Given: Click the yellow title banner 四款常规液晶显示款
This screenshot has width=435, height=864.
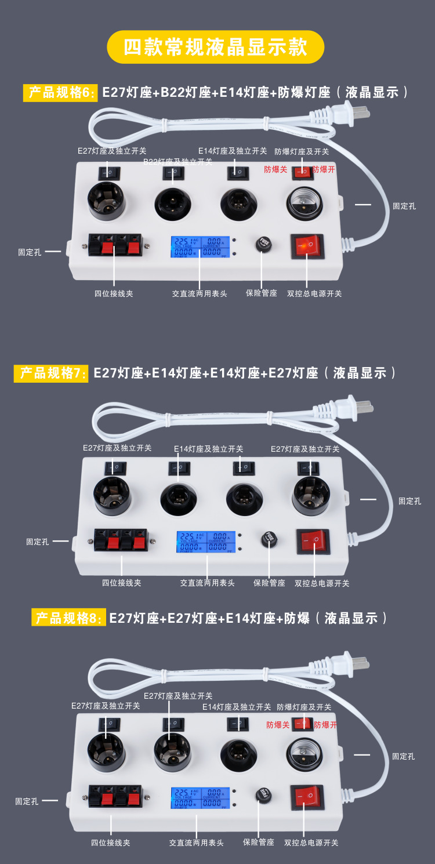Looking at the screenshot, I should [216, 47].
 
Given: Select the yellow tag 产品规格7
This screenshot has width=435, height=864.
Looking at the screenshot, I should [51, 373].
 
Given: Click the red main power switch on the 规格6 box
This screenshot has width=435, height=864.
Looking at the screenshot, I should [307, 246].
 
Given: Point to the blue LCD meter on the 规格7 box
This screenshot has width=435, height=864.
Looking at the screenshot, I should [206, 542].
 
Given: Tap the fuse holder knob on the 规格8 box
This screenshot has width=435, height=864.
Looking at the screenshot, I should [264, 793].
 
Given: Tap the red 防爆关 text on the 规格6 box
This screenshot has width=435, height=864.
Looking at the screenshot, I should [275, 170].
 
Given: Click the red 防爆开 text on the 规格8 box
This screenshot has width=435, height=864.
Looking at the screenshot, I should [325, 725].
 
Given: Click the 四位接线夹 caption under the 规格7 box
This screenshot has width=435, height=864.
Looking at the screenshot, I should [122, 583].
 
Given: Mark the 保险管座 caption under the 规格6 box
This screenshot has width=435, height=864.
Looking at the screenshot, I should [261, 293].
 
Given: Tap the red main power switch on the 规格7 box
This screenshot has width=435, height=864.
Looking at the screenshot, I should [313, 541].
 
